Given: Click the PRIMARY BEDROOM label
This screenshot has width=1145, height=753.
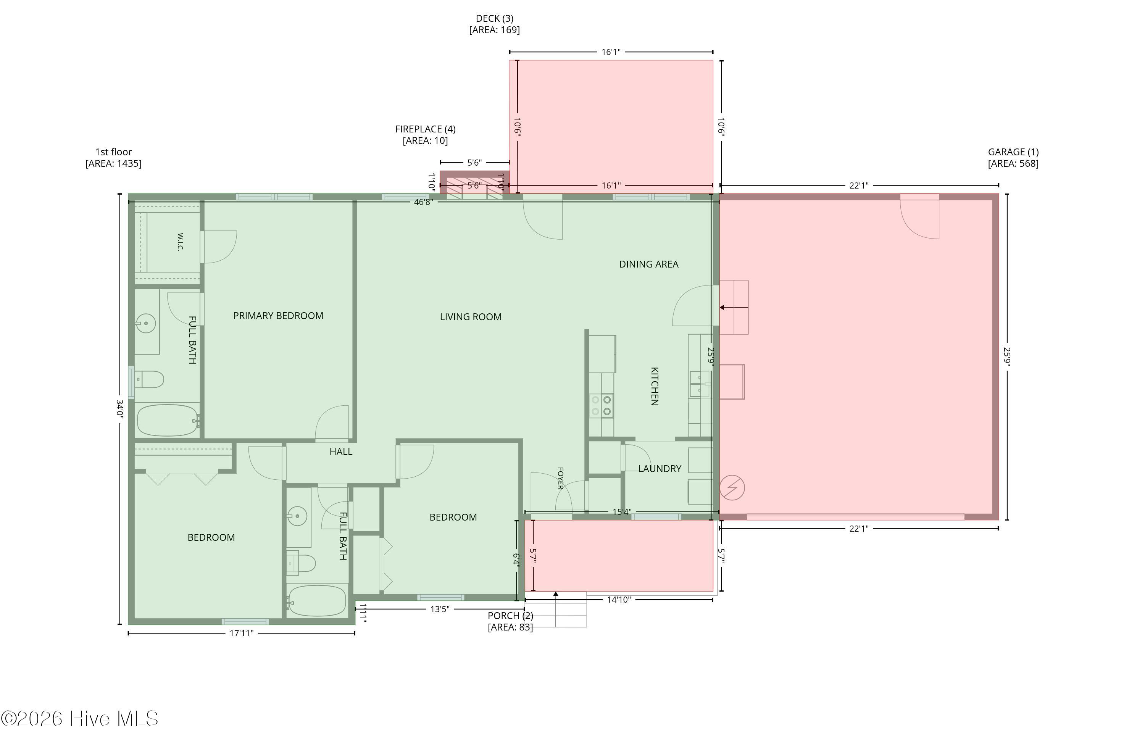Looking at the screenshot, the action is [278, 316].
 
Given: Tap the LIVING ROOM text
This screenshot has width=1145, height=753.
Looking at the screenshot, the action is [471, 317].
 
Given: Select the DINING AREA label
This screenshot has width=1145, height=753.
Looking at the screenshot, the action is [648, 264].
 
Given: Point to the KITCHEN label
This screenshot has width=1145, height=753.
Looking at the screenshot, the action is [654, 386].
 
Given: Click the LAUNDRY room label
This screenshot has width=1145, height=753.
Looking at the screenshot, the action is [660, 469].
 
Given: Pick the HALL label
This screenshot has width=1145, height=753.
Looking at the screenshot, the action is [340, 451].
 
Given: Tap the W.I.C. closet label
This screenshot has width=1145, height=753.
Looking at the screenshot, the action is [180, 242].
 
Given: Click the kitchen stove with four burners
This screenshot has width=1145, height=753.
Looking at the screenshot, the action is [602, 405].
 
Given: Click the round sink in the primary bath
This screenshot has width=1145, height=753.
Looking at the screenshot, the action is [146, 323].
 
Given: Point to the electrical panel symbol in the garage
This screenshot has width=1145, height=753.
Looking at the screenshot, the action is [732, 488].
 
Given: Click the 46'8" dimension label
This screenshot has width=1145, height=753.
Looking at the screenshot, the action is [423, 202].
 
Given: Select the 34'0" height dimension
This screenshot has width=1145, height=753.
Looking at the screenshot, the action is [119, 410].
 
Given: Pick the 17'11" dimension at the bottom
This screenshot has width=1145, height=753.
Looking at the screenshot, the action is [242, 633].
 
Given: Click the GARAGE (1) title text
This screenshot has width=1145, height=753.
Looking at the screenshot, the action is [1013, 152].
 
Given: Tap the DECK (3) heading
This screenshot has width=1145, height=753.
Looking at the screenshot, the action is [495, 19].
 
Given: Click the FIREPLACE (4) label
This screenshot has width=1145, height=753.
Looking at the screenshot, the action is [425, 129].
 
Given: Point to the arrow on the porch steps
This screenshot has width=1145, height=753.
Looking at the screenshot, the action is [556, 609].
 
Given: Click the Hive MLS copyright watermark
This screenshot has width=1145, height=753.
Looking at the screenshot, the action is [79, 719].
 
